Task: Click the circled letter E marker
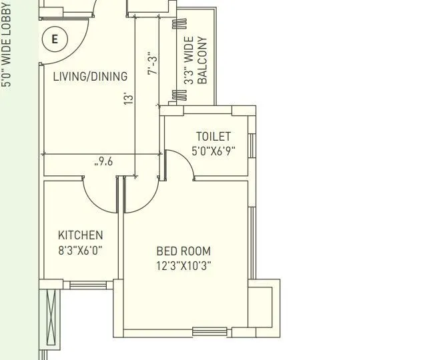[55, 39]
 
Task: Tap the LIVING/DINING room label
[90, 77]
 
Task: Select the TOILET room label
[214, 137]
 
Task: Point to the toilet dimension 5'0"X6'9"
[214, 151]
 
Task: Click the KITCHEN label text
[81, 235]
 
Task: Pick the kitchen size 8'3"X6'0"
[81, 251]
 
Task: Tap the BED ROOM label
[183, 251]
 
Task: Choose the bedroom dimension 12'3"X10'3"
[183, 266]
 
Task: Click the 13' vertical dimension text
[129, 97]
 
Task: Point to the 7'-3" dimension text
[153, 63]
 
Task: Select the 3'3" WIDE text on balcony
[189, 60]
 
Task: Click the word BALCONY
[203, 60]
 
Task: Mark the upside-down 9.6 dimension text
[104, 161]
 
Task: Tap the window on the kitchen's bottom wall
[91, 286]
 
